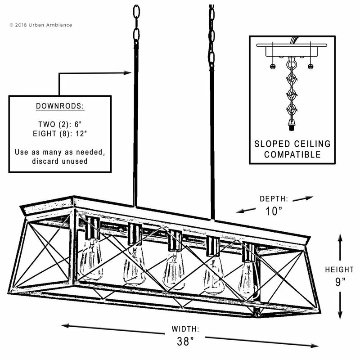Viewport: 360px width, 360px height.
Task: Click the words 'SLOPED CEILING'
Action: click(292, 144)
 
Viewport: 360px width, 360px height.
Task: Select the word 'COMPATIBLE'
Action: click(292, 155)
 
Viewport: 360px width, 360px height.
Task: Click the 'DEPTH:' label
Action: click(275, 198)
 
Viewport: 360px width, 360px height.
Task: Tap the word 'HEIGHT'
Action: click(340, 270)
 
